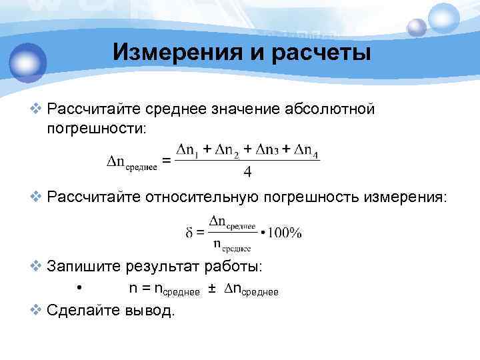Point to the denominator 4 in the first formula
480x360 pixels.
tap(247, 172)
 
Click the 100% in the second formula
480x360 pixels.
tap(285, 233)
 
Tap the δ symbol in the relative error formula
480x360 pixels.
tap(189, 233)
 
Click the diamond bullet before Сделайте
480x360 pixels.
tap(37, 310)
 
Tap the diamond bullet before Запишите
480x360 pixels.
tap(37, 267)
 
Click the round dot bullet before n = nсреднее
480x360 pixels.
tap(79, 289)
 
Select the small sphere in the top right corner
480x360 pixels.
tap(416, 27)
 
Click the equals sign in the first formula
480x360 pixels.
tap(167, 161)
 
